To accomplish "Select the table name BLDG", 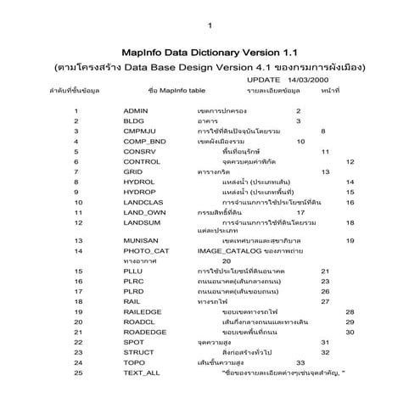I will (134, 121).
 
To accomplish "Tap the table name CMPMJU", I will (139, 132).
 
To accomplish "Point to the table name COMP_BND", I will (143, 142).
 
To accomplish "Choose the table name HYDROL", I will (138, 182).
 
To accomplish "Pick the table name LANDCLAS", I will (143, 203).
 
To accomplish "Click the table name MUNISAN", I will (141, 241).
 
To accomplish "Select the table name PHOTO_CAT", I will (146, 251).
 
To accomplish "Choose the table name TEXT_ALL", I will (142, 373).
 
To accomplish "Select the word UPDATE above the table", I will (264, 79).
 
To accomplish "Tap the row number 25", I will (77, 373).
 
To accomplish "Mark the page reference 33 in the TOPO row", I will (300, 363).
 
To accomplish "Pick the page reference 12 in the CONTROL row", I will (350, 162).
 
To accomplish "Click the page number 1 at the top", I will (210, 25).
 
